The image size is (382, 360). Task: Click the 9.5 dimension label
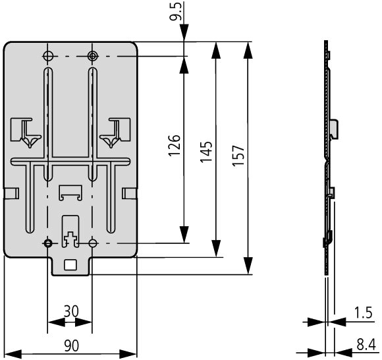point(175,12)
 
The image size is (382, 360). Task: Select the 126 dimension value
point(175,145)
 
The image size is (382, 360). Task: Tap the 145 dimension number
point(206,152)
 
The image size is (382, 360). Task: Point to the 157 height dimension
point(238,156)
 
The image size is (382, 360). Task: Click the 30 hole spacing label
point(71,311)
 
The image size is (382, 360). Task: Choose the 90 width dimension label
point(72,345)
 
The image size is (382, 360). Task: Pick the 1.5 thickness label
point(364,313)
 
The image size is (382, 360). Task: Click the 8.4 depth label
point(366,345)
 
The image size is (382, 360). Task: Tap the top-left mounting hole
point(48,56)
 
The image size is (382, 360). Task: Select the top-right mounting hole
point(92,56)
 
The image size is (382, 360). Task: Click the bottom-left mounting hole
point(47,243)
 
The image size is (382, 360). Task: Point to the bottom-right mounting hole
point(92,243)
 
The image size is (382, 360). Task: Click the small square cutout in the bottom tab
point(70,265)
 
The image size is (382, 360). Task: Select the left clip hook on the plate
point(26,132)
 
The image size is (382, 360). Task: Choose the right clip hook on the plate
point(115,132)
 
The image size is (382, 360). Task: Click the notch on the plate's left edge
point(11,193)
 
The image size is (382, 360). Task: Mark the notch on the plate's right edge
point(129,193)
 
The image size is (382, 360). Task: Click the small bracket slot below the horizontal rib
point(70,193)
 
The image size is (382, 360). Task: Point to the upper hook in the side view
point(335,129)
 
